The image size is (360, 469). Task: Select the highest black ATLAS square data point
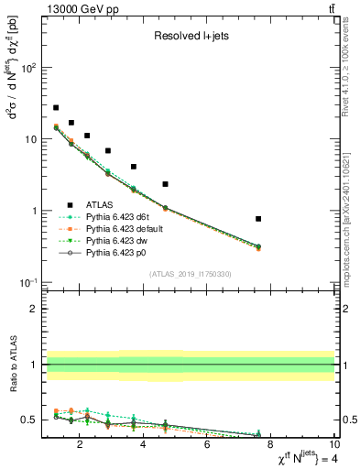tap(56, 107)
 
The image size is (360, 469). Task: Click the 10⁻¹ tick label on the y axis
tap(30, 282)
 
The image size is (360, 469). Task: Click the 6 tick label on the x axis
tap(207, 446)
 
